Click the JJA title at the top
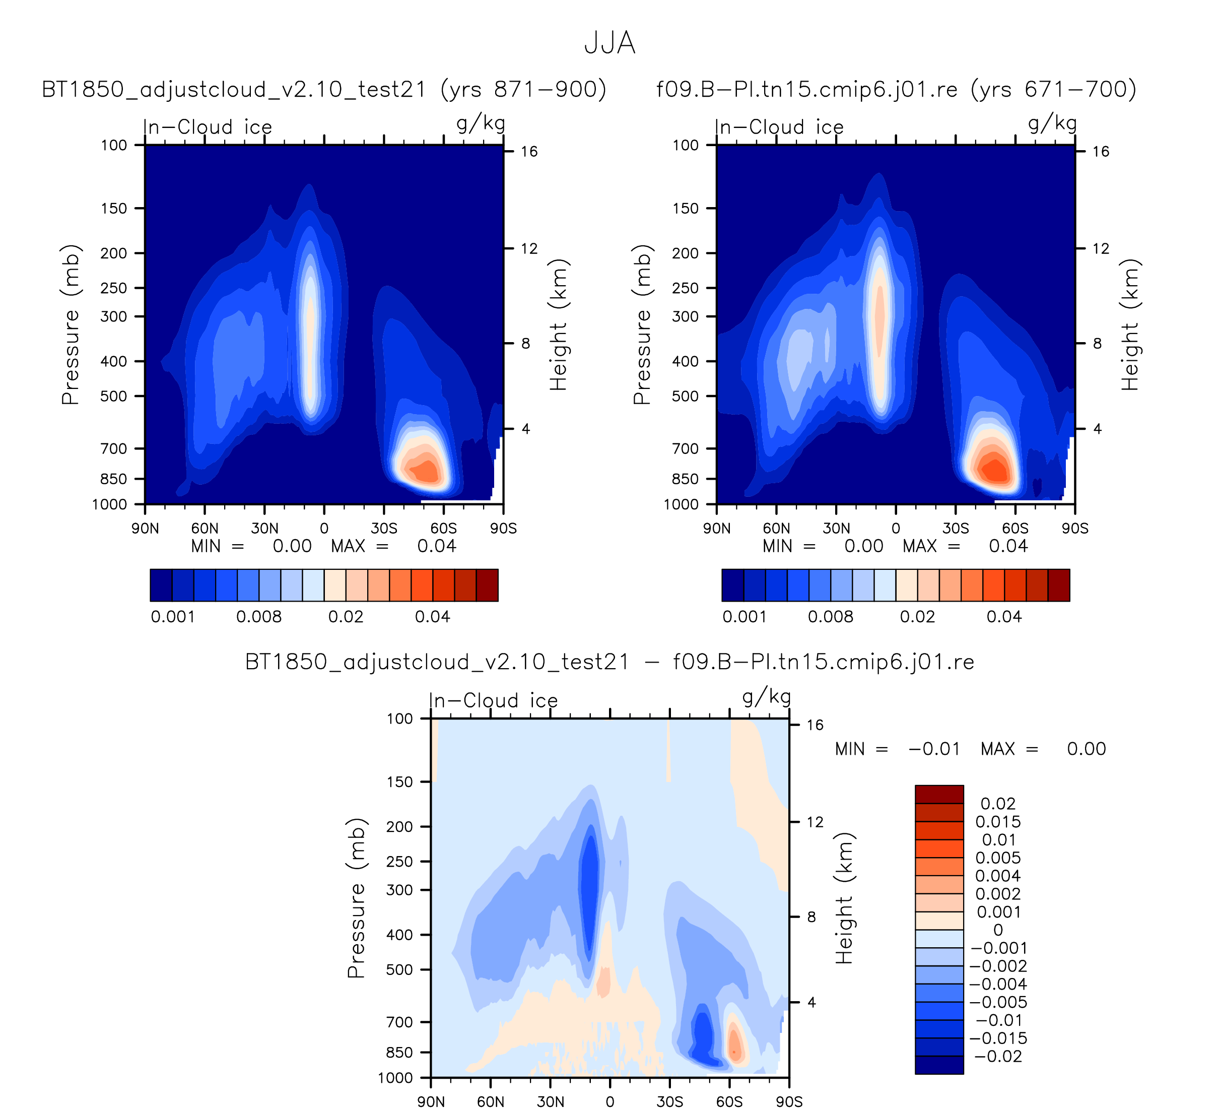click(609, 43)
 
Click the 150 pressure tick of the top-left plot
click(114, 208)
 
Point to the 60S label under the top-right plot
click(1015, 529)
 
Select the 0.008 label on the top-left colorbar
click(259, 617)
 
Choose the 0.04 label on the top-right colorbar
click(1004, 617)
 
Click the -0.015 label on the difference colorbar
click(998, 1038)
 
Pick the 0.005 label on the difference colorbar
click(998, 858)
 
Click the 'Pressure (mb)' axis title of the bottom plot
click(357, 898)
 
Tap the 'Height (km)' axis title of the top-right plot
click(1130, 325)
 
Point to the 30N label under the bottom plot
click(550, 1101)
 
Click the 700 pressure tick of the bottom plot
click(399, 1022)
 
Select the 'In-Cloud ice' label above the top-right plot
click(779, 127)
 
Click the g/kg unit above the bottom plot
click(767, 698)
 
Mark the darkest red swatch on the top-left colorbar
click(487, 585)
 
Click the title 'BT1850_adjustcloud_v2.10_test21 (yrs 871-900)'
click(324, 90)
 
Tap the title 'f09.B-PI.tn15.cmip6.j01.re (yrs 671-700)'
click(896, 90)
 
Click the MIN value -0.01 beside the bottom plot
click(934, 749)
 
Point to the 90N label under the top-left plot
click(145, 529)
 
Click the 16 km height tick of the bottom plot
click(815, 725)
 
